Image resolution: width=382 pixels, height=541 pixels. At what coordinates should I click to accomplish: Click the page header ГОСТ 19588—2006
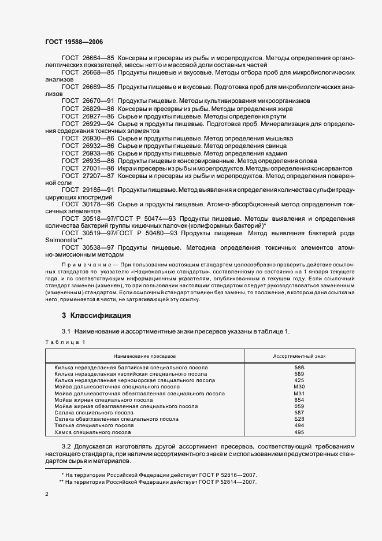73,42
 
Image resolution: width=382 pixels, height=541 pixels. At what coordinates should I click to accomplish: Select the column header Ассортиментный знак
299,356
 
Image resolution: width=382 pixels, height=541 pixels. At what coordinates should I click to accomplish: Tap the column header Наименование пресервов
144,356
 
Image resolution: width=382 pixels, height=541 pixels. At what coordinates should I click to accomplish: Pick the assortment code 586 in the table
299,368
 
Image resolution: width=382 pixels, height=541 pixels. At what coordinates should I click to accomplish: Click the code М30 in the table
299,387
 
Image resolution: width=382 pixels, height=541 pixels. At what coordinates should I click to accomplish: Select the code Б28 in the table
299,419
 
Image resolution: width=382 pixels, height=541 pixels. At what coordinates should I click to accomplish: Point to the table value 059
299,406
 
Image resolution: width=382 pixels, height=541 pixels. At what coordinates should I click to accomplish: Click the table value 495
299,432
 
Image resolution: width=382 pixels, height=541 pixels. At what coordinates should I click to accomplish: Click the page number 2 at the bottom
47,495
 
